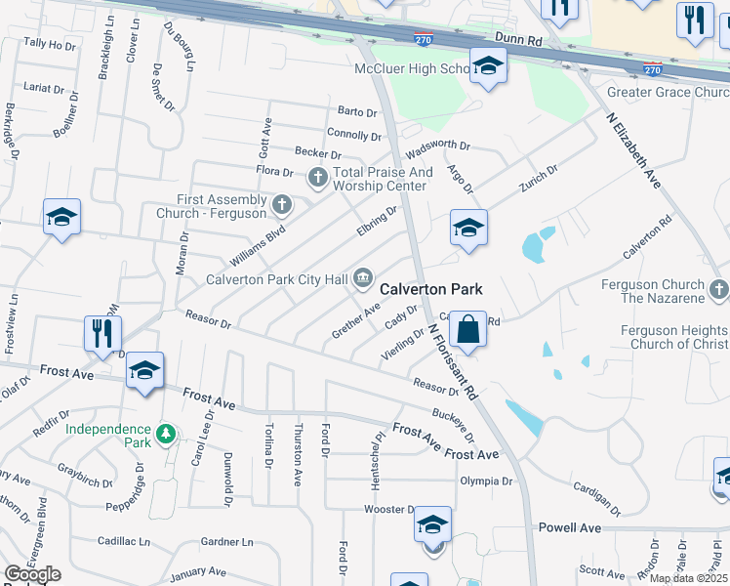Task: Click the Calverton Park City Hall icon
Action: [x=363, y=279]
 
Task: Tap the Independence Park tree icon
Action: [x=166, y=431]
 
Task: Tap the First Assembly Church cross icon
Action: [x=282, y=205]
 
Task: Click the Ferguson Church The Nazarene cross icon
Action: [x=719, y=289]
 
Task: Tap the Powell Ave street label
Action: [x=569, y=527]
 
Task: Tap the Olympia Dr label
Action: [x=486, y=481]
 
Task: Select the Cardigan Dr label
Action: [x=597, y=498]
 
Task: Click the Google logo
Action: [x=32, y=573]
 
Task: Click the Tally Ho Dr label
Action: [x=49, y=44]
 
